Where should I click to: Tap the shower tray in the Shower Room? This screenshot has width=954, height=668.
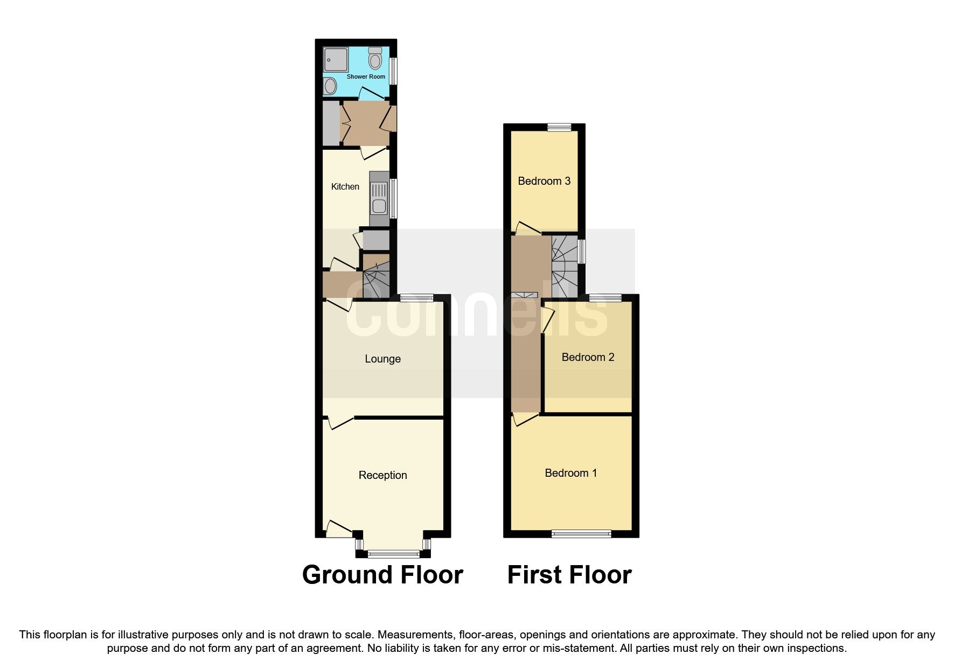336,59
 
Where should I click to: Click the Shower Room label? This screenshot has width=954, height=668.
366,76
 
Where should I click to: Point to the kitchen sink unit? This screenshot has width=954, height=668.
379,199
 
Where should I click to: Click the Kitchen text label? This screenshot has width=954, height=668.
345,186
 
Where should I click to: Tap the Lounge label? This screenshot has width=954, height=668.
382,359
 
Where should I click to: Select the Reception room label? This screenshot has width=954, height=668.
382,475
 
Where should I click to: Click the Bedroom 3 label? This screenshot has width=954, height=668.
544,181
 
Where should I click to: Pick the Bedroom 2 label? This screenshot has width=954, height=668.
588,357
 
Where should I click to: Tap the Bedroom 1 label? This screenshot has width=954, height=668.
571,473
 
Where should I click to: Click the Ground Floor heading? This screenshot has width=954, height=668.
382,575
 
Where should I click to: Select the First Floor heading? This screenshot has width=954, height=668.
569,575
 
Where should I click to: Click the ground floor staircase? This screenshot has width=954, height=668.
375,277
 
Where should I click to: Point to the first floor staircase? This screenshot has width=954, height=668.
565,266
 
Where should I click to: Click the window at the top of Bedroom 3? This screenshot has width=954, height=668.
559,128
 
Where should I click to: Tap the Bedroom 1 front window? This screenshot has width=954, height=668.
581,534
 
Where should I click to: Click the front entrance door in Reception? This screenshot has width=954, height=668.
338,528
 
